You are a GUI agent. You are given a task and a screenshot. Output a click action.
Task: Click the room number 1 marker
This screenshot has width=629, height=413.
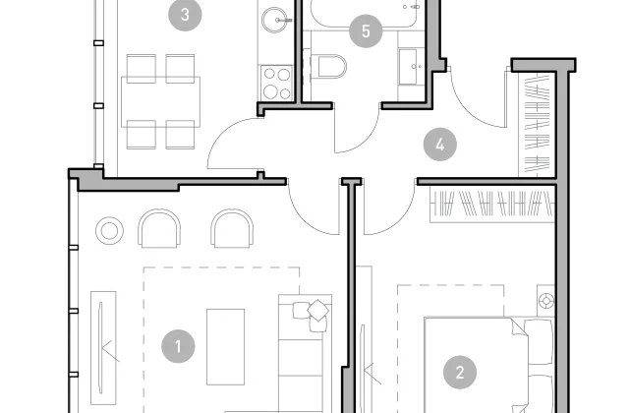coord(178,346)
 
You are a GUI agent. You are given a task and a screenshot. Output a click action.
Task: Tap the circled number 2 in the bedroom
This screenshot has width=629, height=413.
coord(460,372)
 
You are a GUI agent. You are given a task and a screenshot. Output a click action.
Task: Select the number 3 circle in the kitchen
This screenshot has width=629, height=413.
coord(185,15)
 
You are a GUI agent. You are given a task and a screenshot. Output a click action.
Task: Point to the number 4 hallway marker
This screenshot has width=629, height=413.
coord(440,145)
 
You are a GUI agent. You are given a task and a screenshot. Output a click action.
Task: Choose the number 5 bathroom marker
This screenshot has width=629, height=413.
coord(366,30)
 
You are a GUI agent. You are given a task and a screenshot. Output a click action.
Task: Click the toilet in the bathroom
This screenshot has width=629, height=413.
coord(329,67)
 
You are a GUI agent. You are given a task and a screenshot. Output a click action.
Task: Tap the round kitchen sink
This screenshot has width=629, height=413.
coord(275,20)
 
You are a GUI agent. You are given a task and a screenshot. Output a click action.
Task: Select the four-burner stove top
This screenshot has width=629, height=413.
coord(276,83)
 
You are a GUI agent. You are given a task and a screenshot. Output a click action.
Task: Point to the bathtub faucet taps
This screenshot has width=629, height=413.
coord(411,7)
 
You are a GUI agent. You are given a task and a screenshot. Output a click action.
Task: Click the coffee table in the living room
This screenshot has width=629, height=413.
coord(225,347)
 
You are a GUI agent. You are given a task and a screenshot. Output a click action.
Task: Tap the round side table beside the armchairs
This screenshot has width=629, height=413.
coord(109,231)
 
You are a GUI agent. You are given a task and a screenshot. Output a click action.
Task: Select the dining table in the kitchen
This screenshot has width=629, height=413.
coord(160,102)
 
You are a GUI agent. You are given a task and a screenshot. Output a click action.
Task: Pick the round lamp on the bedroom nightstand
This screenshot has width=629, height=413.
coord(546,301)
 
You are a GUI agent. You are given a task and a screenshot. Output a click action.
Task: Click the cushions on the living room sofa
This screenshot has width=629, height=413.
coord(313,316)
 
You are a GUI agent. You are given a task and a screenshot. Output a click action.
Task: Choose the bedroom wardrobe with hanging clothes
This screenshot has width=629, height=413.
coord(492,204)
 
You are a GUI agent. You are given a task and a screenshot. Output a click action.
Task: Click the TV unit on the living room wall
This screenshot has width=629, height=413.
coord(103,347)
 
